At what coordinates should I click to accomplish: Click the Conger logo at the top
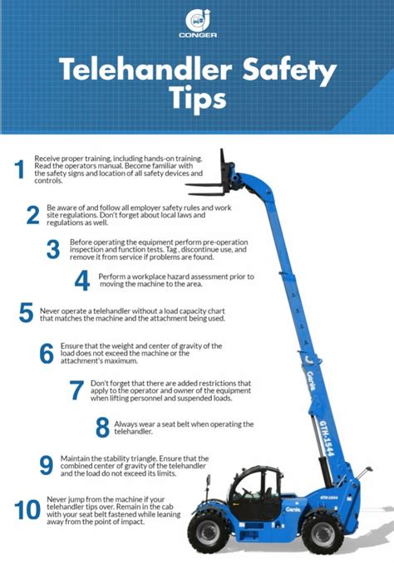[x=196, y=24]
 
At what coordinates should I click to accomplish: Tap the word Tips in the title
[x=196, y=99]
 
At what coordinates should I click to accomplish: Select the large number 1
[x=19, y=169]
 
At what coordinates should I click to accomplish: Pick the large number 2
[x=33, y=214]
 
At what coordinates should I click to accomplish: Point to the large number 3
[x=54, y=248]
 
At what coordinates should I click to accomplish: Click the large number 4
[x=81, y=280]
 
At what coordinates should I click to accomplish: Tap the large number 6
[x=47, y=353]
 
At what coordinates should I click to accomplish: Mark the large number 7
[x=76, y=391]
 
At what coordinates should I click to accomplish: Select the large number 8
[x=102, y=427]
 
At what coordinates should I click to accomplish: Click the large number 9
[x=47, y=464]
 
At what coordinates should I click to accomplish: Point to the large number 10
[x=27, y=508]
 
